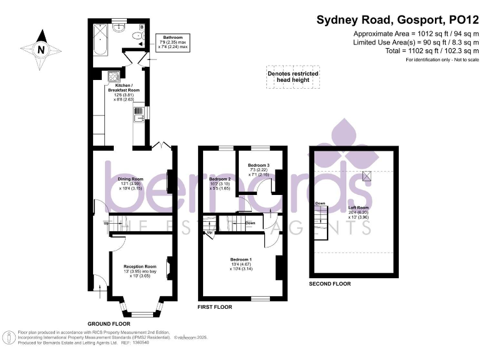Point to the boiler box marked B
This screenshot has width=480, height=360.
click(x=142, y=27)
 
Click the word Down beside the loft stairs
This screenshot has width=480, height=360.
click(x=320, y=204)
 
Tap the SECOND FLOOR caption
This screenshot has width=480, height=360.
click(x=330, y=284)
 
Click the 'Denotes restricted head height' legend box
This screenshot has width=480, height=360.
click(x=293, y=77)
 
